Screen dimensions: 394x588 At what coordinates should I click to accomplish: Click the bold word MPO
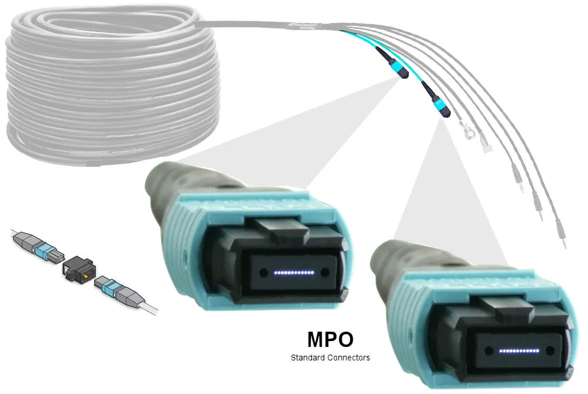(330, 340)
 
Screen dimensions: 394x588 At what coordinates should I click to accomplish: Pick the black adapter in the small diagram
(76, 268)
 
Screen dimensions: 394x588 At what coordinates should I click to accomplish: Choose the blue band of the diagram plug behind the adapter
(45, 252)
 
